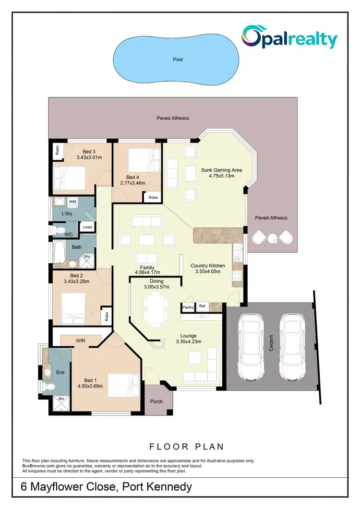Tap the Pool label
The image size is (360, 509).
pyautogui.click(x=179, y=60)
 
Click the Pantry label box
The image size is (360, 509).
pyautogui.click(x=187, y=306)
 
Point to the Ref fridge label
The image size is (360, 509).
pyautogui.click(x=202, y=306)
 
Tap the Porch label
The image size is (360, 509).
pyautogui.click(x=156, y=401)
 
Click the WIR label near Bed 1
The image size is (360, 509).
pyautogui.click(x=81, y=340)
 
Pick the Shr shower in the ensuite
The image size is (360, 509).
pyautogui.click(x=61, y=399)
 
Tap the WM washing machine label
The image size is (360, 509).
pyautogui.click(x=73, y=202)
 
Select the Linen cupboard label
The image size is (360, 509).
pyautogui.click(x=87, y=227)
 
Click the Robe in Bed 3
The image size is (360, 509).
pyautogui.click(x=57, y=151)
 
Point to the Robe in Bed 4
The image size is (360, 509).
pyautogui.click(x=153, y=197)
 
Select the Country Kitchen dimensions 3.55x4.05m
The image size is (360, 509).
pyautogui.click(x=205, y=272)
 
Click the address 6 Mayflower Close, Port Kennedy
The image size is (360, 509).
pyautogui.click(x=107, y=487)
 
